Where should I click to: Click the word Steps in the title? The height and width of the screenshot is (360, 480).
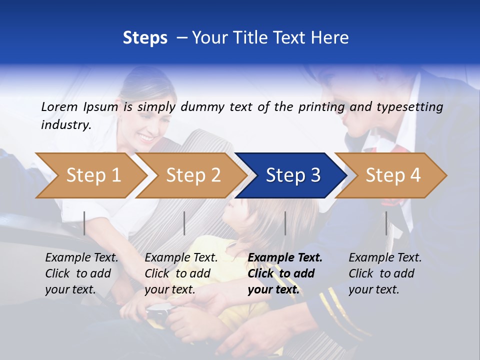[x=145, y=37]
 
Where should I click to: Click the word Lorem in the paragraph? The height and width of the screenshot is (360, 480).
[x=59, y=106]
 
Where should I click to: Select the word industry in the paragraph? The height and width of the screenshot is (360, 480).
[x=65, y=125]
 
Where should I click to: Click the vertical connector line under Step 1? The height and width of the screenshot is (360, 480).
[x=84, y=223]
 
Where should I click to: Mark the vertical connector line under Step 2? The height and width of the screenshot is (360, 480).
[x=184, y=223]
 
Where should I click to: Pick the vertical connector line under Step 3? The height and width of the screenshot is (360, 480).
[x=285, y=223]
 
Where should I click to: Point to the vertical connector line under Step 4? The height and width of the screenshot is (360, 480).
[x=386, y=223]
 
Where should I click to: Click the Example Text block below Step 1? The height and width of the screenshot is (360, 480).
[x=81, y=273]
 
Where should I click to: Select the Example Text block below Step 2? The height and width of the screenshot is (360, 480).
[x=181, y=273]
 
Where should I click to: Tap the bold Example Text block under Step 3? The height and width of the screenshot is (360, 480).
[x=285, y=273]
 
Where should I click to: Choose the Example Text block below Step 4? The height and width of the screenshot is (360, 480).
[x=385, y=273]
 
